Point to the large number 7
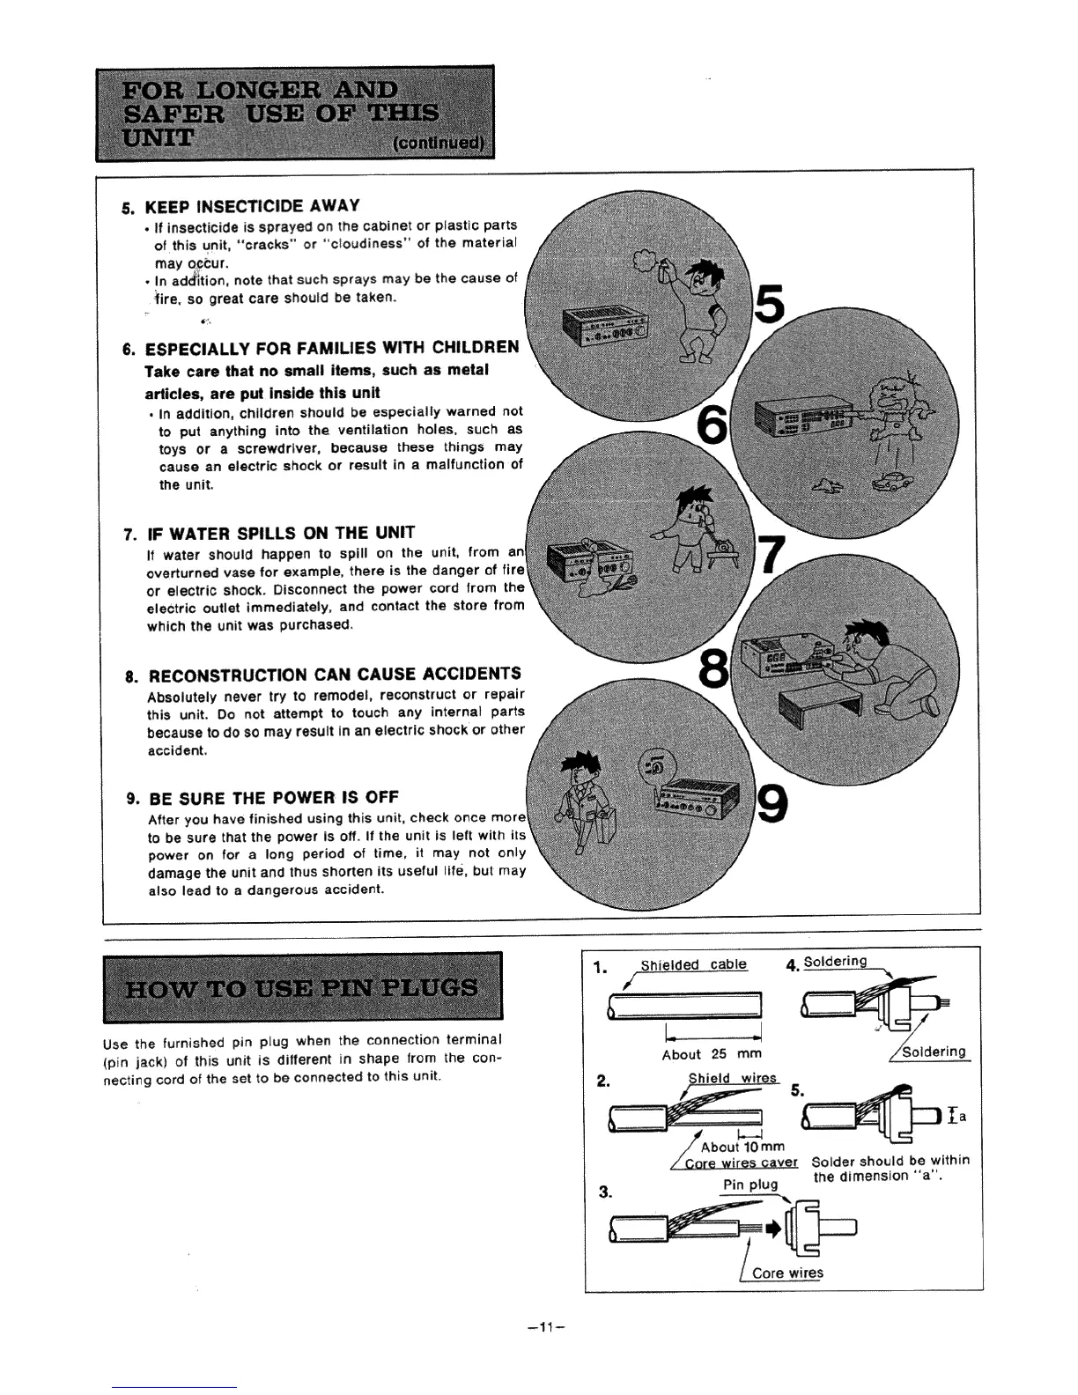(x=772, y=556)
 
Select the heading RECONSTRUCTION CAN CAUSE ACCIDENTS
(x=335, y=675)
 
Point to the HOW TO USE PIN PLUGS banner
(x=302, y=986)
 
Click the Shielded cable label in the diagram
(x=693, y=964)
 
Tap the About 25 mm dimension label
(x=712, y=1054)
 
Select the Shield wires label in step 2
(x=732, y=1079)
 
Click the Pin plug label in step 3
(x=750, y=1185)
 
